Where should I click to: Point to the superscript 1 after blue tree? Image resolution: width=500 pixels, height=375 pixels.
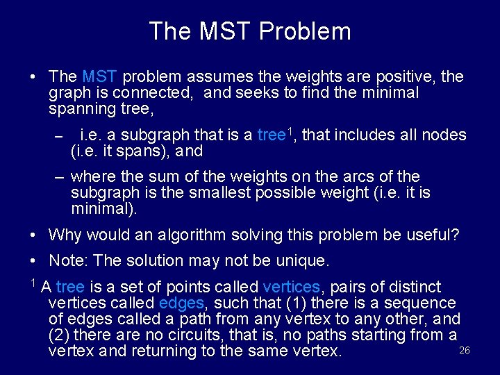click(290, 131)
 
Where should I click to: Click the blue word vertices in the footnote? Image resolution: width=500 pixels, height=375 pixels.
click(292, 287)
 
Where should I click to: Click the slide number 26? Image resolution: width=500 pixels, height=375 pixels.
click(465, 350)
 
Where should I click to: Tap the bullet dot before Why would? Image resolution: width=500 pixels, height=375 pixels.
click(33, 235)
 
